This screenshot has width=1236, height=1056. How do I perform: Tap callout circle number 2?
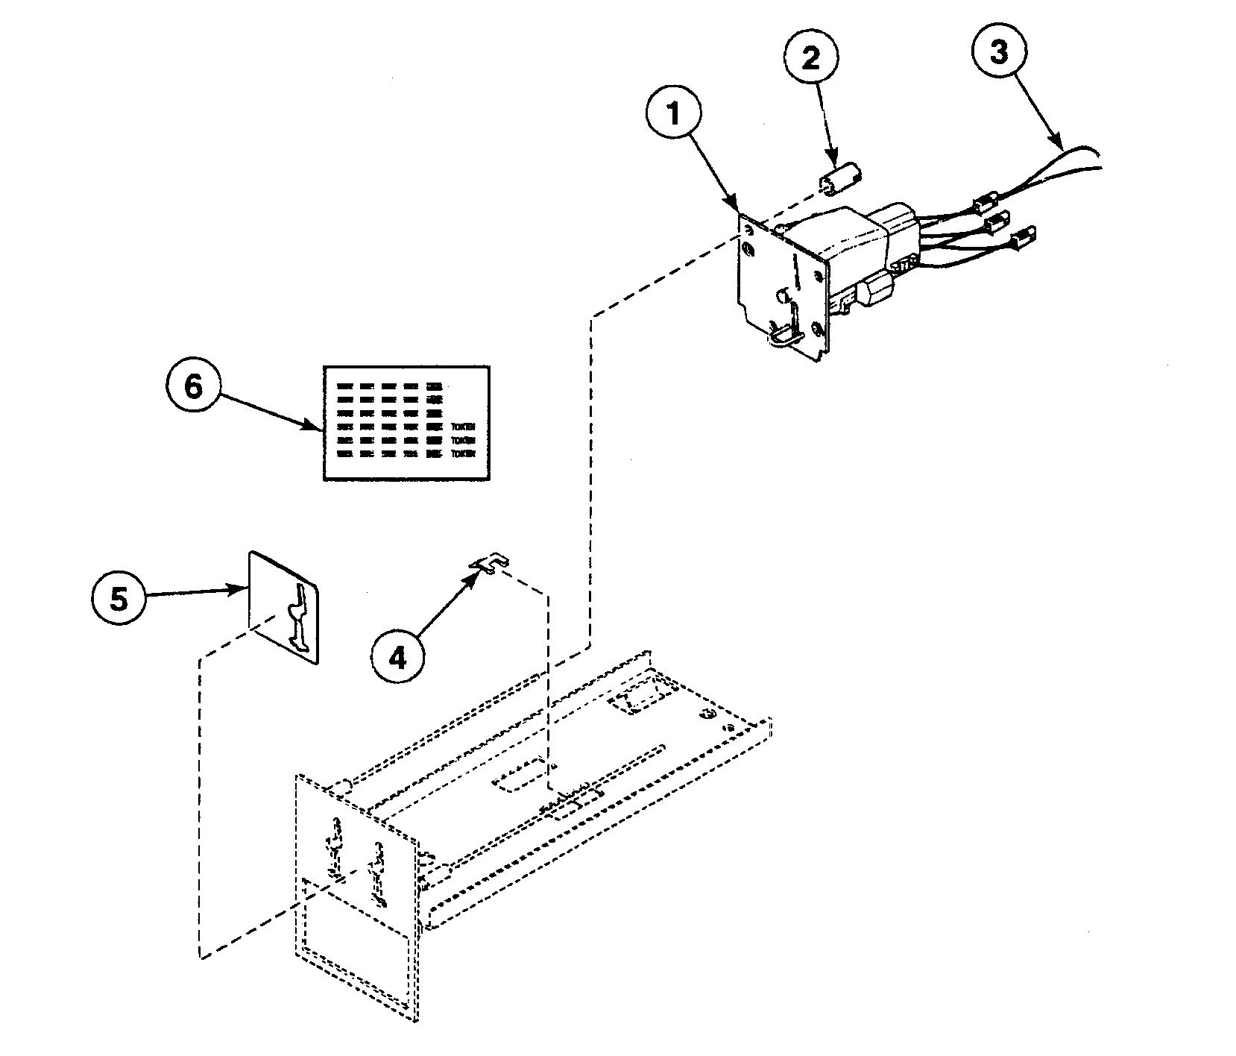pos(810,59)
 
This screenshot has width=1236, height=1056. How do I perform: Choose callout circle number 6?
pos(193,388)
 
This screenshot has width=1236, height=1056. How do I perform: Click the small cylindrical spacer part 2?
pos(840,182)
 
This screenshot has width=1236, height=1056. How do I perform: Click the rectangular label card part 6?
pos(406,423)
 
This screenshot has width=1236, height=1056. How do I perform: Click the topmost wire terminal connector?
pos(987,203)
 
